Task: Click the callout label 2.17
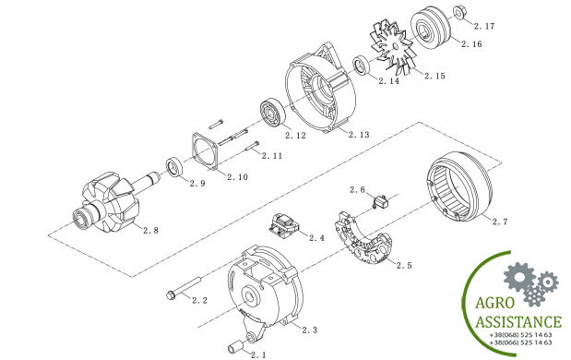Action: coord(484,26)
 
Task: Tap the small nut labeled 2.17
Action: coord(458,12)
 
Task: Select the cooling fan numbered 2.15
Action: coord(393,46)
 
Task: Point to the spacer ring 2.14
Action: coord(362,65)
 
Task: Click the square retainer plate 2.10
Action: coord(205,152)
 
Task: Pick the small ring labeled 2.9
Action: coord(175,167)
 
